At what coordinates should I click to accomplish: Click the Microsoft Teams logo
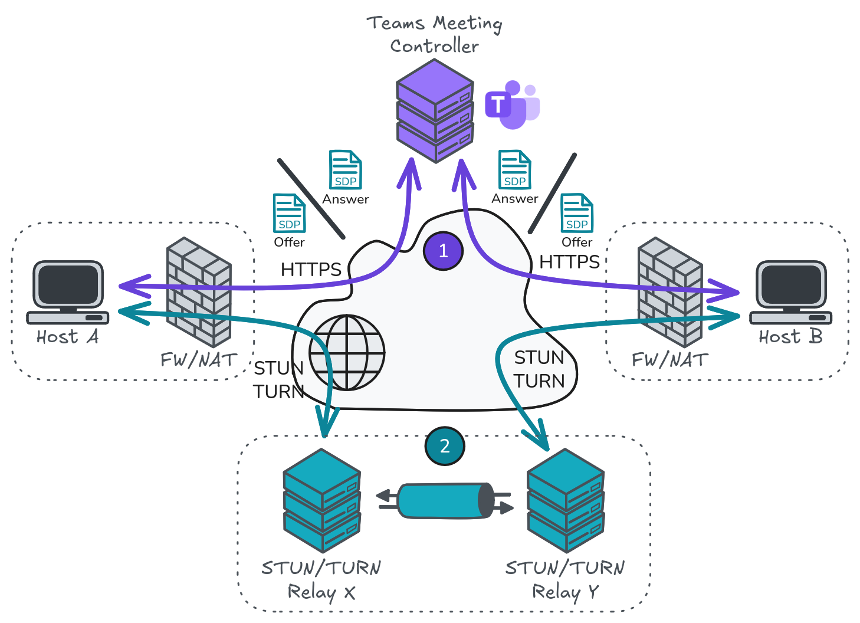click(512, 105)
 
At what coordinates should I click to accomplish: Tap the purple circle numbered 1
click(443, 251)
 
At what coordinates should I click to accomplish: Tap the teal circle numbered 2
click(445, 446)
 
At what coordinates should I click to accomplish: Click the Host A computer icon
click(68, 293)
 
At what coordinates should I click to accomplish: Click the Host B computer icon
click(791, 293)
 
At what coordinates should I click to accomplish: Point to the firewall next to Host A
click(199, 292)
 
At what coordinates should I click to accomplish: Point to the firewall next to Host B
click(670, 292)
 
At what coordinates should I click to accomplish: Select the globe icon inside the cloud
click(347, 353)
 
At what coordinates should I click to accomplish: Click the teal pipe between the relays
click(445, 501)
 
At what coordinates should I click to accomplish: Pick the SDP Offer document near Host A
click(289, 214)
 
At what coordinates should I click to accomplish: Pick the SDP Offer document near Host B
click(577, 214)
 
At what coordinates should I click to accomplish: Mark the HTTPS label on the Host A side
click(311, 270)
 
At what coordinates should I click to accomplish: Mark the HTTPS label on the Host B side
click(569, 262)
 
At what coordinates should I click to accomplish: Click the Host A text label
click(67, 337)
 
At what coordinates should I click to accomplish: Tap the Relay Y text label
click(565, 591)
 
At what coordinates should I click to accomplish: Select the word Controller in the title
click(434, 46)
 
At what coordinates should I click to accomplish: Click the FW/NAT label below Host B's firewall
click(669, 360)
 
